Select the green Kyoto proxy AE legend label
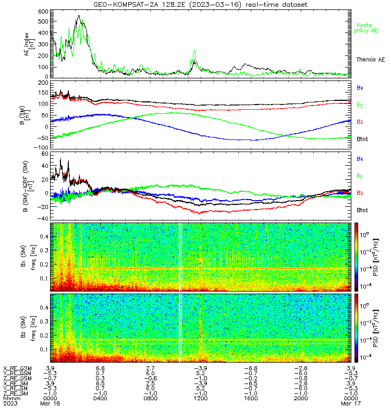pyautogui.click(x=366, y=28)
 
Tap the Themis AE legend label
pyautogui.click(x=371, y=60)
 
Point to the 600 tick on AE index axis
pyautogui.click(x=43, y=11)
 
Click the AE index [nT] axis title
pyautogui.click(x=29, y=44)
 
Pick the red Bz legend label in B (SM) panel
pyautogui.click(x=360, y=122)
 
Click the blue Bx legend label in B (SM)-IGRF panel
pyautogui.click(x=360, y=159)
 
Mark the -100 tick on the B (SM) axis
pyautogui.click(x=41, y=147)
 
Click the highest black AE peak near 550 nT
pyautogui.click(x=79, y=16)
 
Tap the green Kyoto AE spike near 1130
pyautogui.click(x=194, y=51)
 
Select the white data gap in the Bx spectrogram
pyautogui.click(x=180, y=257)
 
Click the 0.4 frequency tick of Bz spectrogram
pyautogui.click(x=44, y=307)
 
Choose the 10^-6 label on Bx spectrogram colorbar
pyautogui.click(x=364, y=286)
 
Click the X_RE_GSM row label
pyautogui.click(x=17, y=368)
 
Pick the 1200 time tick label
pyautogui.click(x=201, y=398)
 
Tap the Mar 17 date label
pyautogui.click(x=351, y=403)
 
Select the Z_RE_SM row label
pyautogui.click(x=16, y=393)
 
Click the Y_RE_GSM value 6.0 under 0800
pyautogui.click(x=150, y=374)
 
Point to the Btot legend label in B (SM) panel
pyautogui.click(x=362, y=139)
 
